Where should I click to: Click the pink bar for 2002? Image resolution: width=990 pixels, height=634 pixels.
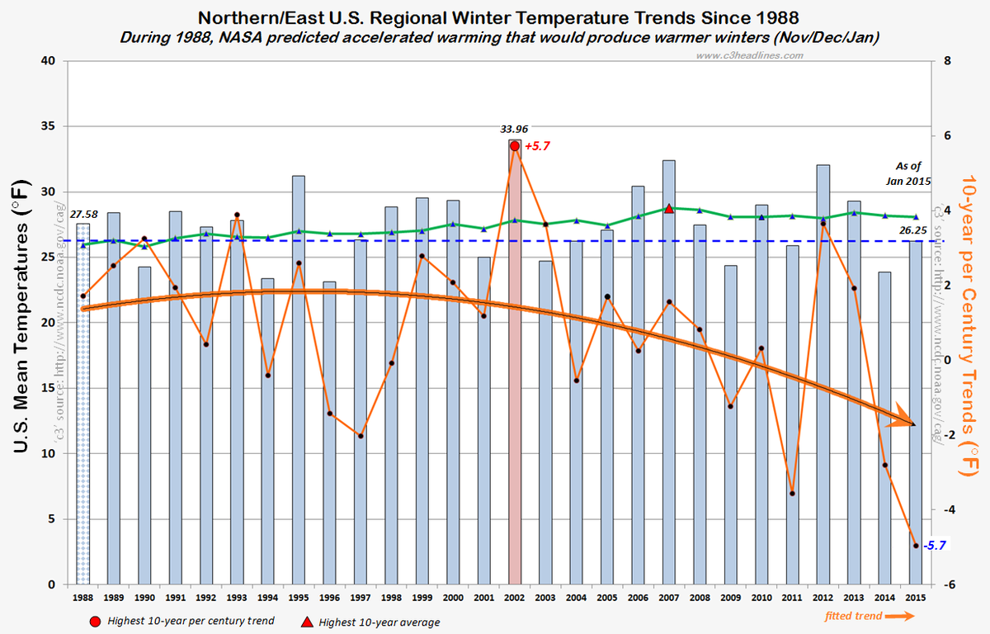pos(515,371)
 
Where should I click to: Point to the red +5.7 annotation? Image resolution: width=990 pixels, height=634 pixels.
pos(537,146)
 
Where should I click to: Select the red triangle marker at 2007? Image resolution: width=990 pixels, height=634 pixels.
pos(669,209)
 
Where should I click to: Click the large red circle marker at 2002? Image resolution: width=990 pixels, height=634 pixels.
pos(515,146)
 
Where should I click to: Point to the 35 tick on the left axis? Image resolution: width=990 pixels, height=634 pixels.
pos(48,126)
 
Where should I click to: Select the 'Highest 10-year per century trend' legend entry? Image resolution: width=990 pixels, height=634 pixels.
pos(190,620)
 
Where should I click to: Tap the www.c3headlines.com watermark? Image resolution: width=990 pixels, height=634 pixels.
pos(749,55)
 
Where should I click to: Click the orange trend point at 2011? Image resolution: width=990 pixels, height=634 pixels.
pos(792,494)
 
